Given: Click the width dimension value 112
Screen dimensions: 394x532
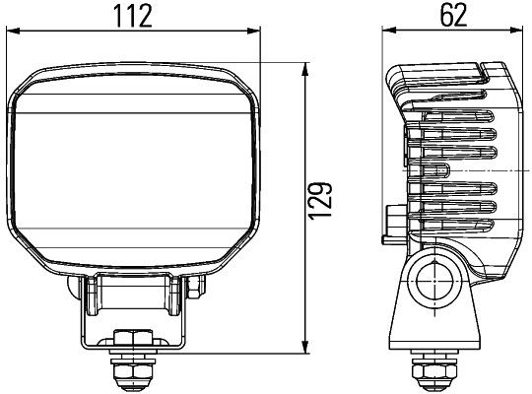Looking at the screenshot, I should (137, 17).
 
